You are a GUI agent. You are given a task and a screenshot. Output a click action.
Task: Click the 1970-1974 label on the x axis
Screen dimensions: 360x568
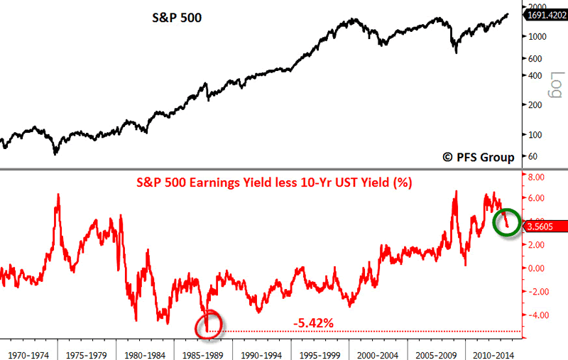[28, 351]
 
